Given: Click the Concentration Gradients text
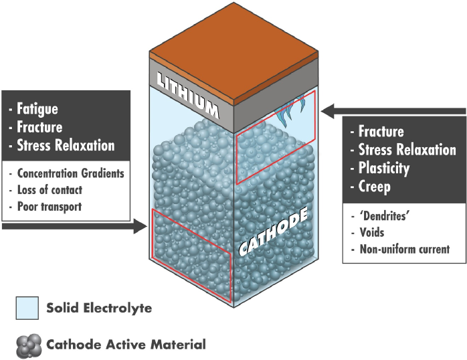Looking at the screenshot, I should point(70,173).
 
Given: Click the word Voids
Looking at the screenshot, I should point(372,233).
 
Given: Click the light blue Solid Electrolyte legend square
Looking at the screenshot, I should point(28,308).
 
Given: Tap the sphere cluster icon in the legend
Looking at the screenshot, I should point(28,345).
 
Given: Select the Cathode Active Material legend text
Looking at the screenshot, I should point(126,345).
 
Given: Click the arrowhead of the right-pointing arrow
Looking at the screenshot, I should point(140,228).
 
